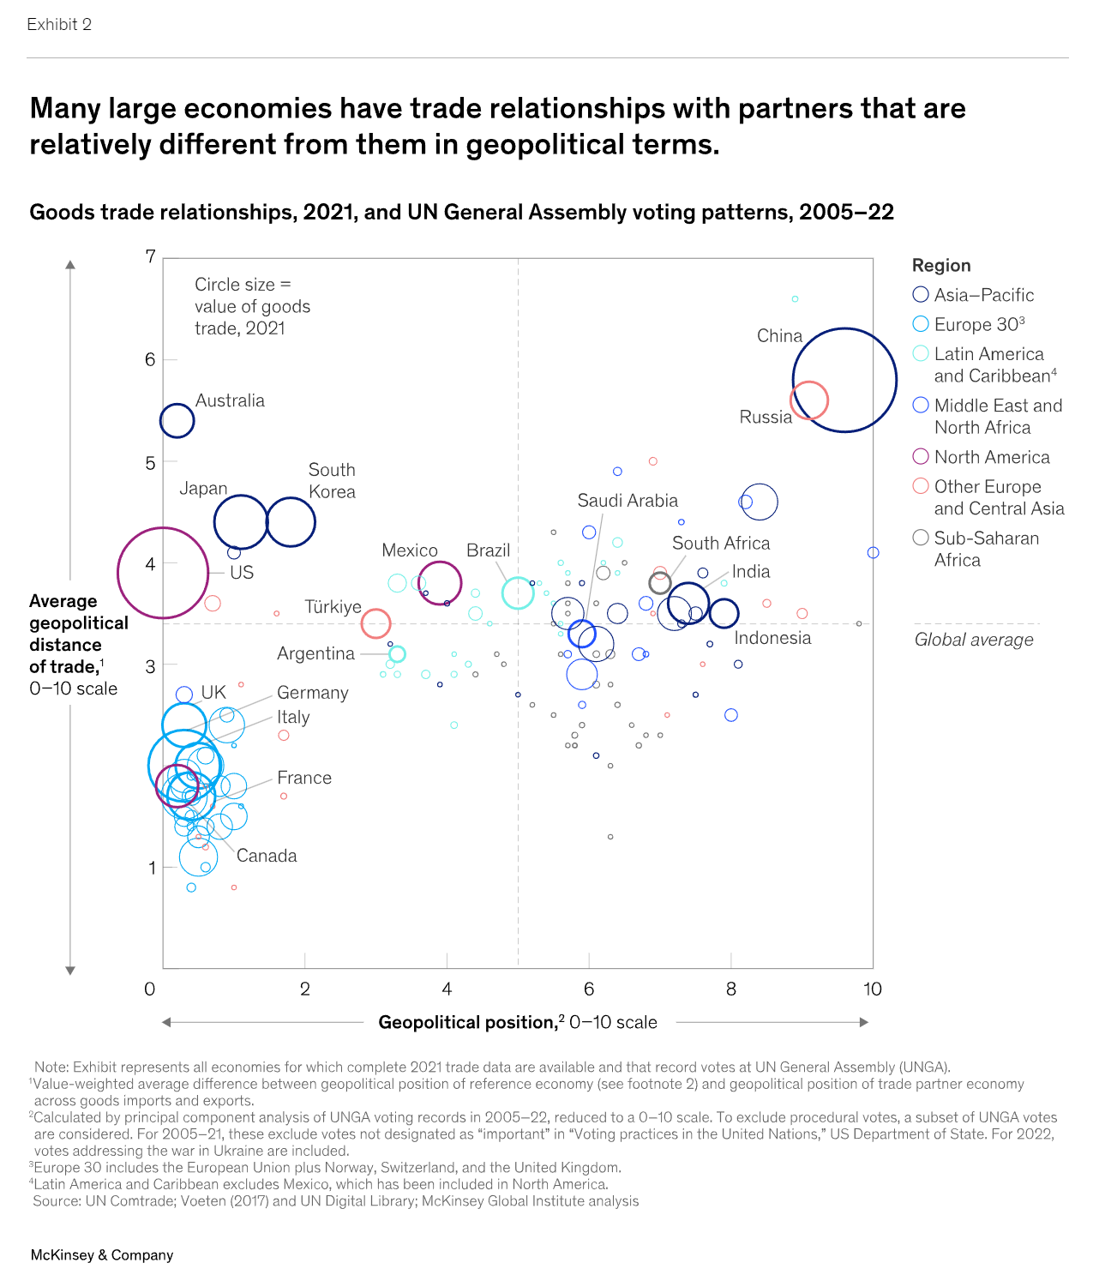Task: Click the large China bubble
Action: click(x=844, y=380)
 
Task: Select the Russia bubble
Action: click(x=808, y=400)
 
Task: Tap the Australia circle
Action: click(x=177, y=420)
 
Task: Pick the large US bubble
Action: click(x=163, y=572)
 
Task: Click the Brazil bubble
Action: click(x=518, y=592)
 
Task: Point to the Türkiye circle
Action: click(x=375, y=623)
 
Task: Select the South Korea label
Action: click(x=332, y=481)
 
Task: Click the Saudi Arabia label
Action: click(x=627, y=501)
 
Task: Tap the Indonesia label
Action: click(x=772, y=638)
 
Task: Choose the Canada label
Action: click(x=267, y=856)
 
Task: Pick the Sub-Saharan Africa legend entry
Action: click(x=976, y=549)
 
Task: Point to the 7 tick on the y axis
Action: click(x=151, y=256)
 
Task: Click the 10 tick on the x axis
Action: click(x=872, y=989)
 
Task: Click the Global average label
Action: click(x=974, y=640)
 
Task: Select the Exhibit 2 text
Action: click(x=59, y=25)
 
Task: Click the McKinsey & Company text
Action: click(x=102, y=1255)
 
